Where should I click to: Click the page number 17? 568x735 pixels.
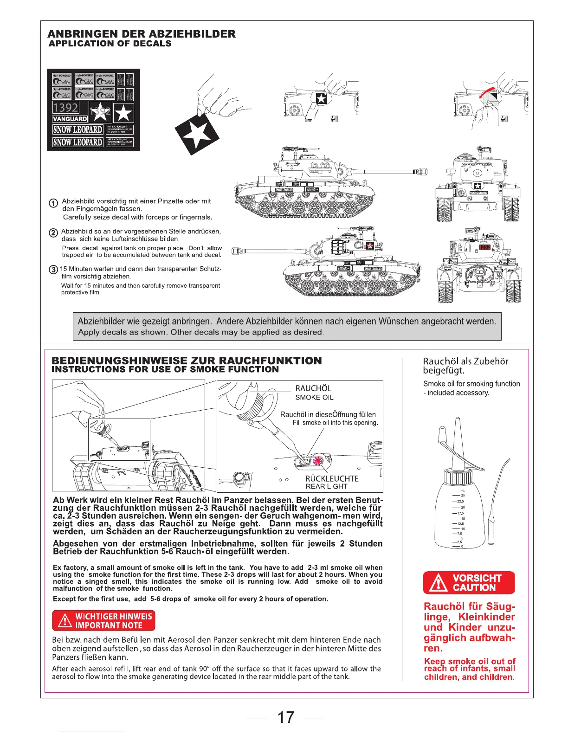[285, 717]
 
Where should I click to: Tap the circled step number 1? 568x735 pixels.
[53, 203]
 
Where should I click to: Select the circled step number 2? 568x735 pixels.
[53, 233]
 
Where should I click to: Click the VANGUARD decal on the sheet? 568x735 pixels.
[70, 119]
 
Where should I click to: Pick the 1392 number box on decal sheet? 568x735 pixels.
[65, 108]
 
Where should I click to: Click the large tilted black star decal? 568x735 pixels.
[197, 134]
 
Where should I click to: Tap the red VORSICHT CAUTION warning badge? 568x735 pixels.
[469, 582]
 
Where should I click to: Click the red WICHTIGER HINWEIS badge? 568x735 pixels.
[103, 621]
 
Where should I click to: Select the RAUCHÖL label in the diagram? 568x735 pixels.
[313, 388]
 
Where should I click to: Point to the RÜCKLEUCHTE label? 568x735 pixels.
[332, 478]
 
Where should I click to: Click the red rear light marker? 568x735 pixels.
[318, 461]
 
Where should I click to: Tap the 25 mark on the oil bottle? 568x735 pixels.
[463, 495]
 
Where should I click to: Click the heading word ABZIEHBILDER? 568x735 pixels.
[195, 34]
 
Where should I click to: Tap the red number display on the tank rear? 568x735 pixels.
[484, 247]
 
